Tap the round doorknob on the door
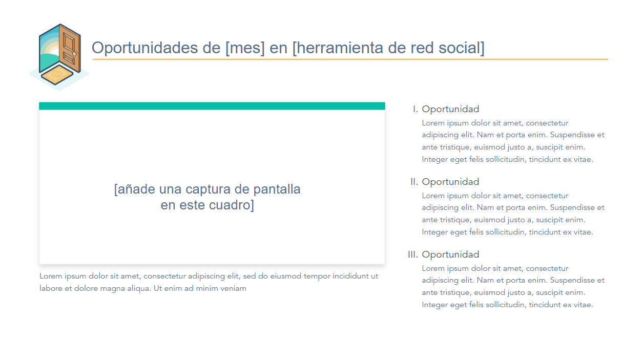coord(74,54)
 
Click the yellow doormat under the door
coord(57,74)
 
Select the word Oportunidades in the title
coord(144,48)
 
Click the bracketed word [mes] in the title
coord(245,48)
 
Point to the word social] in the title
coord(462,48)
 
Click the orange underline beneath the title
coord(350,59)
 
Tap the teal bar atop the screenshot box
coord(212,106)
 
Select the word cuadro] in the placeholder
coord(232,205)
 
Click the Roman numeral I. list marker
coord(416,109)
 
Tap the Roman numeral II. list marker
coord(414,182)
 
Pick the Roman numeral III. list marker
coord(413,255)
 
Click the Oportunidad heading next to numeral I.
coord(450,110)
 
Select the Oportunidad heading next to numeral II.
coord(450,182)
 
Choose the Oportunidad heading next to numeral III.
coord(450,255)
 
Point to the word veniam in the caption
coord(234,288)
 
